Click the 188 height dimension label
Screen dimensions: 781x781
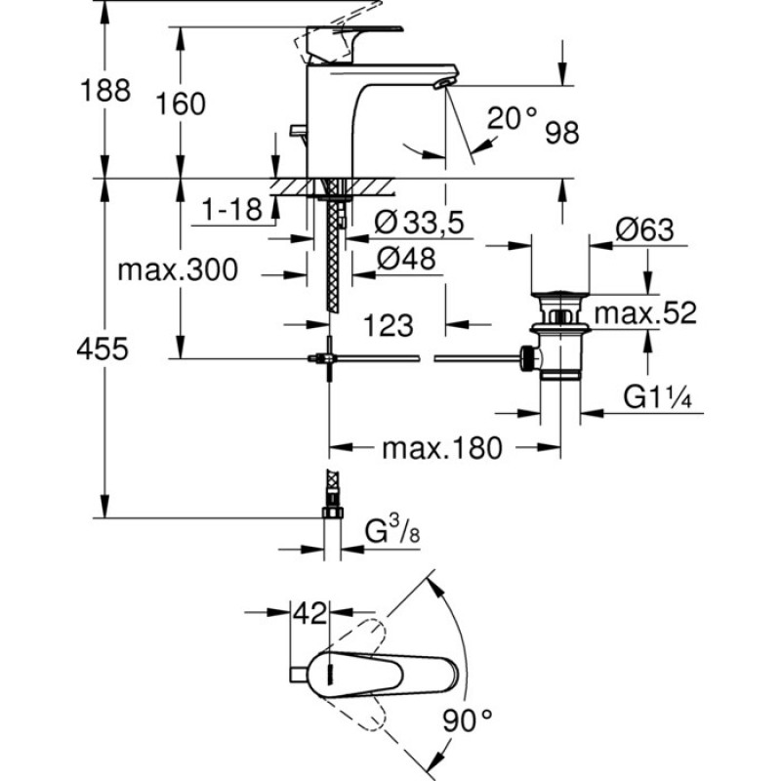pos(105,90)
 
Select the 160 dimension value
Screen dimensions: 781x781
pos(181,103)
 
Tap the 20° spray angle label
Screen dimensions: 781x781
pos(513,118)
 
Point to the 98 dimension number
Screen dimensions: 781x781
pos(562,133)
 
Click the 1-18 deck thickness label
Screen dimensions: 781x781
pos(231,209)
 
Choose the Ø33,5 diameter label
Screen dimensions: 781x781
pos(420,223)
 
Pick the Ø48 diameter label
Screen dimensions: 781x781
pos(406,259)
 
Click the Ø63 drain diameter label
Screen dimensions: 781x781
pos(644,230)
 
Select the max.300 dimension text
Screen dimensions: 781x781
pos(178,270)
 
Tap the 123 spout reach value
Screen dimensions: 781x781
pos(389,326)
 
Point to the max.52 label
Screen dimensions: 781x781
pos(645,313)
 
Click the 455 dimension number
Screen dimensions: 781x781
pos(103,349)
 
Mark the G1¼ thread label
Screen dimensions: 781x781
pos(657,397)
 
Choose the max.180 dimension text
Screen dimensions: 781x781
pos(442,448)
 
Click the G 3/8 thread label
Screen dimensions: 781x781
pos(392,531)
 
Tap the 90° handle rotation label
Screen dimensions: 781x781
pos(468,720)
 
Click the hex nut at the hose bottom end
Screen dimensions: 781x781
pos(333,513)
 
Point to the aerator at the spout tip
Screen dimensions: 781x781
pos(445,84)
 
